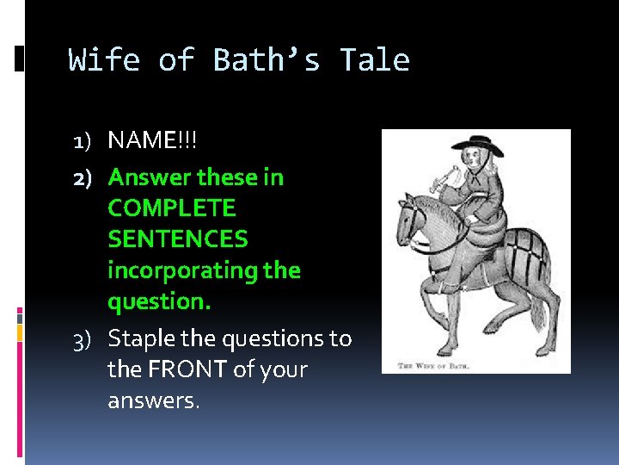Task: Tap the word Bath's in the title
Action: coord(267,60)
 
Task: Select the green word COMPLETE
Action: coord(171,208)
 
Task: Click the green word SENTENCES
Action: coord(177,239)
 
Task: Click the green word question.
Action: coord(159,301)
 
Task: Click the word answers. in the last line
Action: coord(153,400)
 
